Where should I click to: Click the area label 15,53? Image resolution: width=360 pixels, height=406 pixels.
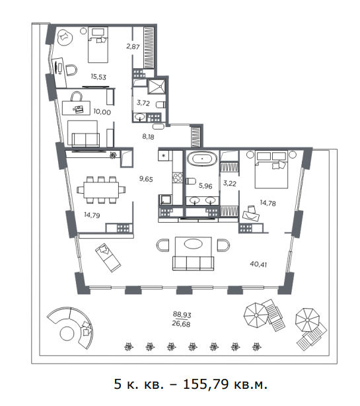tap(98, 77)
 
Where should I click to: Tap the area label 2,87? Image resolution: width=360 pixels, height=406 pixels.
tap(133, 46)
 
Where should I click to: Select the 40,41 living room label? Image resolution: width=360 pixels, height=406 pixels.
tap(258, 264)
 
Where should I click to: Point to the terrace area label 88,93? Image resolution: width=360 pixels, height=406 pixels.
tap(182, 315)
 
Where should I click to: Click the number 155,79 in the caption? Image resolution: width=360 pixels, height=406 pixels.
tap(206, 384)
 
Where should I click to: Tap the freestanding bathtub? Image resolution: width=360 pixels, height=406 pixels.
tap(202, 159)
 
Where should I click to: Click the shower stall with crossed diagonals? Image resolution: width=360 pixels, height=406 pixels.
tap(156, 87)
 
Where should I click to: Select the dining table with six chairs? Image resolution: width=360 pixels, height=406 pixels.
tap(101, 190)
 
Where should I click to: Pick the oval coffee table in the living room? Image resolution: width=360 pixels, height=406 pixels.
tap(193, 244)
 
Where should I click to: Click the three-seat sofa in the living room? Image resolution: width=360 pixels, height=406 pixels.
tap(193, 263)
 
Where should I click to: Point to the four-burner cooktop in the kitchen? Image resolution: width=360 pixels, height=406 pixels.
tap(178, 178)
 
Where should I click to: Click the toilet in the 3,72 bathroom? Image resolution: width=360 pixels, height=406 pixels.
tap(161, 104)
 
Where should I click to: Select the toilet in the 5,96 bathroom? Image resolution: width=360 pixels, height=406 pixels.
tap(191, 181)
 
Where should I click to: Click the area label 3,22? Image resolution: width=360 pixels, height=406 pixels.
tap(230, 183)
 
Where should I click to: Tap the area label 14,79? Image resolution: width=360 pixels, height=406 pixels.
tap(92, 215)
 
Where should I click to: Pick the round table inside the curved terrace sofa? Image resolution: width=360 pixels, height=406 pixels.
tap(67, 334)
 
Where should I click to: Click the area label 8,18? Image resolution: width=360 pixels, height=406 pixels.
tap(148, 136)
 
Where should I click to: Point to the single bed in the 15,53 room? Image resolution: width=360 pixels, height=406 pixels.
tap(98, 44)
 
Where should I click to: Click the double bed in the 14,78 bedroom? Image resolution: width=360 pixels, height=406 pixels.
tap(271, 169)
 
